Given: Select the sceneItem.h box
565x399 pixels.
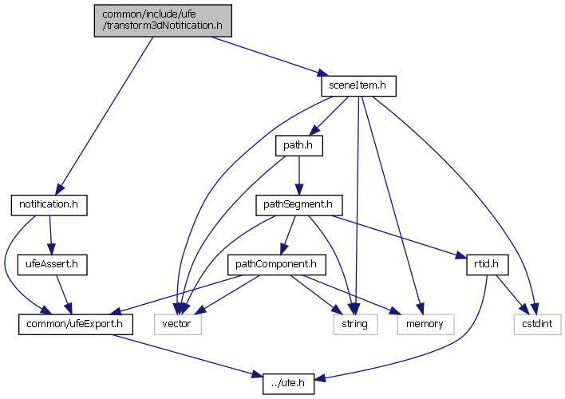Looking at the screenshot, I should point(358,85).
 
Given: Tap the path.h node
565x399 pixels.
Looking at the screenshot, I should point(298,145).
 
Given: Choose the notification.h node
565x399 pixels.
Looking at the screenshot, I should point(48,205).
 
